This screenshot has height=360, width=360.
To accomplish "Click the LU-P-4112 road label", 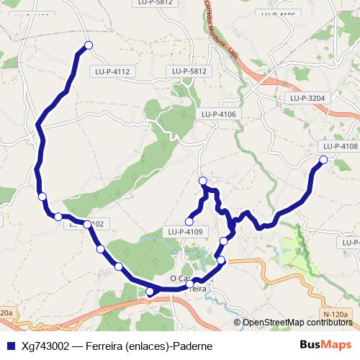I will click(112, 71).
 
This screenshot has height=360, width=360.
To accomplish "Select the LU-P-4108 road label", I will click(338, 146).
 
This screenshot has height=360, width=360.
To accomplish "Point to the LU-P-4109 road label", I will click(184, 232).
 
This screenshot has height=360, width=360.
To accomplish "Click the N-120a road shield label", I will click(336, 315).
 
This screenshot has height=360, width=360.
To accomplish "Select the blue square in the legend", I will click(10, 346).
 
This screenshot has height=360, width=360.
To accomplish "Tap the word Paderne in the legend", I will click(191, 346).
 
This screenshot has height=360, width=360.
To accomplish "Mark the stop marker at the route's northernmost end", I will click(89, 45).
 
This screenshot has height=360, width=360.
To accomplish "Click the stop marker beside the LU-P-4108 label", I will click(323, 160).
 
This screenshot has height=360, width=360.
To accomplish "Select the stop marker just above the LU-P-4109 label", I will click(189, 221).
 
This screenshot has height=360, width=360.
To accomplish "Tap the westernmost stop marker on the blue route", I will click(42, 196).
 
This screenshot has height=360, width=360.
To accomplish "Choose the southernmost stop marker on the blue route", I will click(150, 292).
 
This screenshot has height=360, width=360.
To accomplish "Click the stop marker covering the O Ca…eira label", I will click(190, 285).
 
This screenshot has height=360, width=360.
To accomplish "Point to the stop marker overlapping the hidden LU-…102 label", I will click(87, 225).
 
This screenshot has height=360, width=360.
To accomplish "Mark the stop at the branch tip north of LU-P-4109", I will click(202, 181).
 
